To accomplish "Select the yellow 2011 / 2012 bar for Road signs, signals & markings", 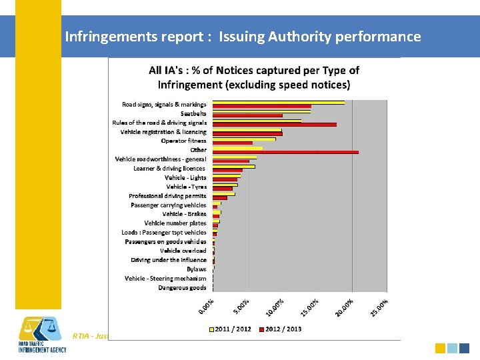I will point(279,103).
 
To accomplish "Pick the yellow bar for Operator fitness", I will point(244,139).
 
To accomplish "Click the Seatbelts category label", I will point(193,113).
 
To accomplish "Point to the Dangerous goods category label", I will point(182,288).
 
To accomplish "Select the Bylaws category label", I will point(196,269).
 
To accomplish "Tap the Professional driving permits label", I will point(167,196).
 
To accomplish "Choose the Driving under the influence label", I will point(168,260).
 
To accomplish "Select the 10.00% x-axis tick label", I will point(275,307).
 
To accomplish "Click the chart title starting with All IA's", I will point(254,77).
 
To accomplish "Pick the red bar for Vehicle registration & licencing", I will point(247,134).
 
